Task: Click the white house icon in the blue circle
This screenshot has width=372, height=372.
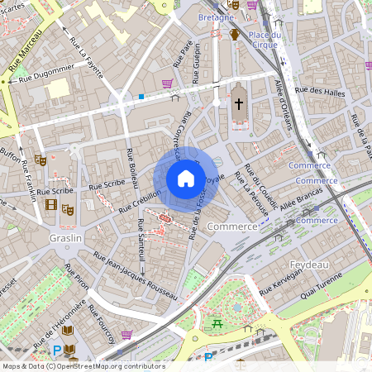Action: (186, 179)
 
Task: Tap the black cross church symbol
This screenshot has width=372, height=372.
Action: (239, 103)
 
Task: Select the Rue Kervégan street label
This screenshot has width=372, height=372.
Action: (283, 285)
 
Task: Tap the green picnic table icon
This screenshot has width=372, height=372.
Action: (217, 323)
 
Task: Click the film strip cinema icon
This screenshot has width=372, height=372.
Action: (53, 206)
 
